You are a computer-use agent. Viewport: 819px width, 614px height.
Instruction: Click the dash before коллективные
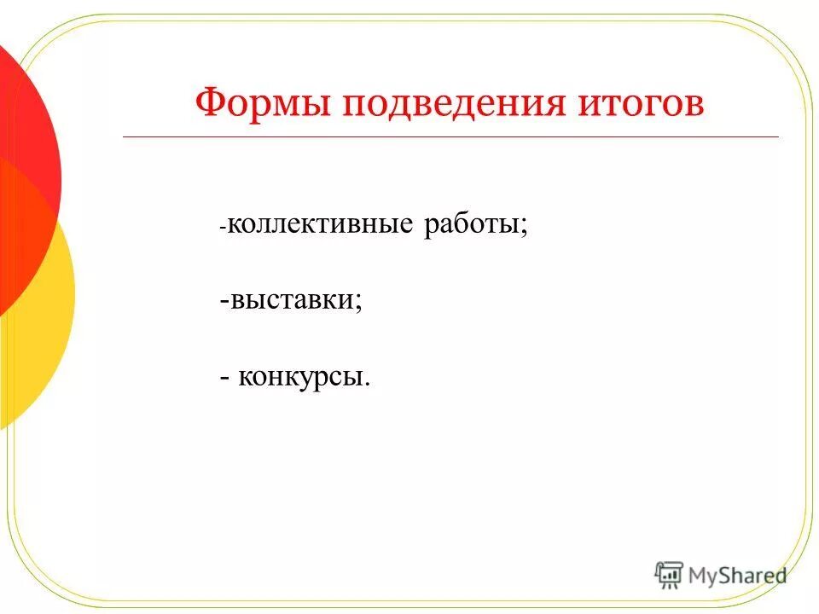coord(223,228)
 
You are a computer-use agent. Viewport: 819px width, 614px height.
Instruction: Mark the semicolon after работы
coord(523,229)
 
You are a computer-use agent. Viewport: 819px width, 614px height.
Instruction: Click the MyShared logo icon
coord(669,575)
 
